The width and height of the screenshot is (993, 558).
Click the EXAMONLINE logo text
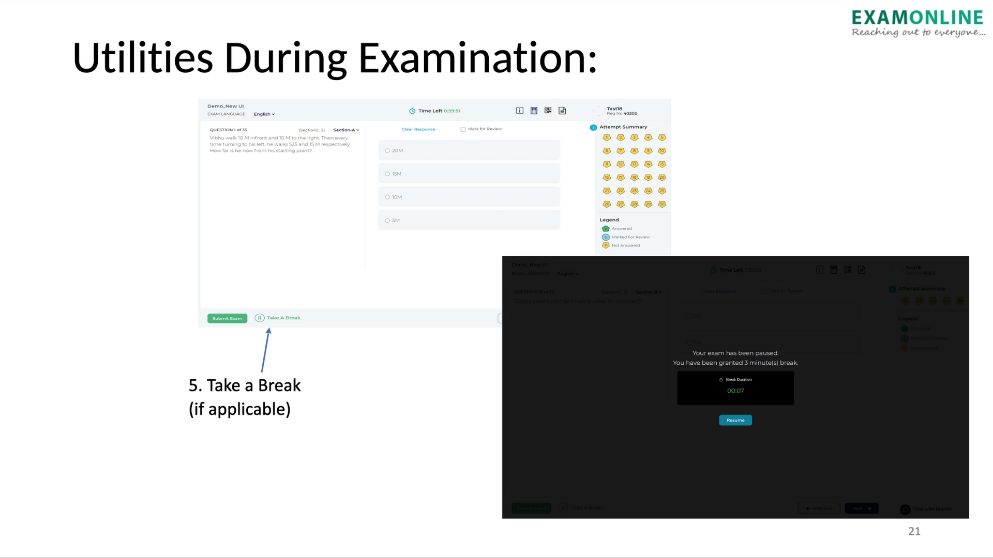pyautogui.click(x=917, y=18)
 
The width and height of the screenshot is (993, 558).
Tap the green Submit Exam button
pyautogui.click(x=227, y=318)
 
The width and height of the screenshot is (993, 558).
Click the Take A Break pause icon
pyautogui.click(x=260, y=318)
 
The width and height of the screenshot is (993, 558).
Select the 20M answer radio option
pyautogui.click(x=387, y=150)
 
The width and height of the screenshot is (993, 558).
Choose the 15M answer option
pyautogui.click(x=387, y=174)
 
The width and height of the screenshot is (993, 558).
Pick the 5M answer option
pyautogui.click(x=387, y=220)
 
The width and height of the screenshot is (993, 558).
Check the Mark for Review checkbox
pyautogui.click(x=463, y=129)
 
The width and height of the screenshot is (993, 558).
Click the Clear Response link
pyautogui.click(x=418, y=129)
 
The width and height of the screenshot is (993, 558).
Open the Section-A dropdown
pyautogui.click(x=346, y=130)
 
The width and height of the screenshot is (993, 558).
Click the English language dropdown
pyautogui.click(x=264, y=114)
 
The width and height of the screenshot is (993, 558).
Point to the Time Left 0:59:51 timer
pyautogui.click(x=434, y=111)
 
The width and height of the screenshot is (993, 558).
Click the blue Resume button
pyautogui.click(x=735, y=420)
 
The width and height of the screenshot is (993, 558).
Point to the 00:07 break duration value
pyautogui.click(x=735, y=391)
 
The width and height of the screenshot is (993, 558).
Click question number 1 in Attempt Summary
pyautogui.click(x=607, y=137)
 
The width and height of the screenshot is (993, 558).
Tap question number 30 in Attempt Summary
pyautogui.click(x=661, y=204)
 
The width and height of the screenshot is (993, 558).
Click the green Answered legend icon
pyautogui.click(x=606, y=228)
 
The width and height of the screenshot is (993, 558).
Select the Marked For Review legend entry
pyautogui.click(x=630, y=237)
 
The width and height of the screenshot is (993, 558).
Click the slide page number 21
pyautogui.click(x=914, y=531)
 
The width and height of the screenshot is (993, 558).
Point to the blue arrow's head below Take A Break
pyautogui.click(x=268, y=331)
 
